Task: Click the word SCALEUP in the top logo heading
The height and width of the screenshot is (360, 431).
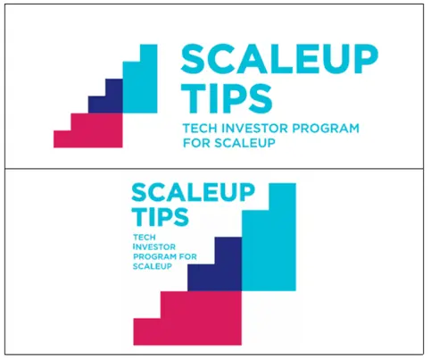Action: pos(279,59)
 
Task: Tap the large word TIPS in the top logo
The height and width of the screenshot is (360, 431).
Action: pos(227,98)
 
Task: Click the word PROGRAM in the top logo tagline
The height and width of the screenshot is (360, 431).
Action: pos(326,129)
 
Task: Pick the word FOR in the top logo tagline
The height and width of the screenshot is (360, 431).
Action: pos(196,143)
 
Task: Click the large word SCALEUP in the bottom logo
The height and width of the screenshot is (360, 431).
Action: pos(193,193)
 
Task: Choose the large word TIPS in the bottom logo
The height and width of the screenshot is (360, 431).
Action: pos(161,216)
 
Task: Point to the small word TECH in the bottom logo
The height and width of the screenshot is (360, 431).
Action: pos(145,238)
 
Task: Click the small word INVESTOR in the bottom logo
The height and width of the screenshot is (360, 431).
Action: pos(154,247)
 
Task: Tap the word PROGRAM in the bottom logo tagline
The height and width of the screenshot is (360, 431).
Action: pos(155,256)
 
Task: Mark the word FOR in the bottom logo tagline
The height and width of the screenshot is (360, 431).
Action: pos(188,256)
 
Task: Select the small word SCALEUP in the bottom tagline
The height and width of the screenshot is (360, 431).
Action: pos(153,266)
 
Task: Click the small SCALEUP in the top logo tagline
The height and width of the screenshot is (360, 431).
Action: pos(245,143)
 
